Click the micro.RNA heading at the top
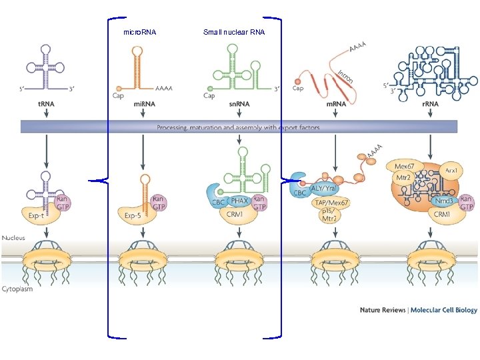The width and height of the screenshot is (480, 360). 140,32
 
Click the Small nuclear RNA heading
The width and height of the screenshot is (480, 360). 234,32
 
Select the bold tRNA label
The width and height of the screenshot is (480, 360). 47,105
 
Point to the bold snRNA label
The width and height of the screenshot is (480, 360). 239,105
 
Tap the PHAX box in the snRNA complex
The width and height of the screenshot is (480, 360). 240,200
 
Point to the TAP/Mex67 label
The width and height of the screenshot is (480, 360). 331,203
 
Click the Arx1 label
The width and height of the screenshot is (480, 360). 451,171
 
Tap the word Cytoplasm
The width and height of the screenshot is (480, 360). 17,289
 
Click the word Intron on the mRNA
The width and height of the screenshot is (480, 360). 345,76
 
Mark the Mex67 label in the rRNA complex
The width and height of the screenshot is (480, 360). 405,166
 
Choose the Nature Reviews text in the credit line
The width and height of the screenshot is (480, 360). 383,310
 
